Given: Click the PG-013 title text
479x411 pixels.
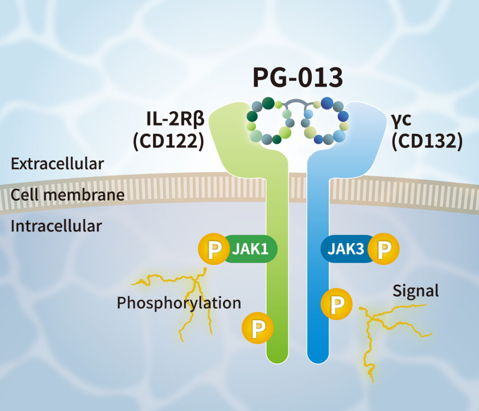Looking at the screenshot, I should [x=298, y=77].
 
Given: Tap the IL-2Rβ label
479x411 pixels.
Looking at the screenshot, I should [x=175, y=119].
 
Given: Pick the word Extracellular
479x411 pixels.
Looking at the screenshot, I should [x=57, y=164].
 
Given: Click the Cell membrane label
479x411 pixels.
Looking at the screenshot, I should [x=67, y=195].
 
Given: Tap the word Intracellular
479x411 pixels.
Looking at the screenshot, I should [x=56, y=226].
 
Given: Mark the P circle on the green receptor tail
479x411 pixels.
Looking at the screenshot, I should [x=258, y=328].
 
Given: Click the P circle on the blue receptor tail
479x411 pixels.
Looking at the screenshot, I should [x=337, y=303].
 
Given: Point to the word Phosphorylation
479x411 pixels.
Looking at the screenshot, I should [x=179, y=303].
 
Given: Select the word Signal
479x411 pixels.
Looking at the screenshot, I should [x=416, y=291].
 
